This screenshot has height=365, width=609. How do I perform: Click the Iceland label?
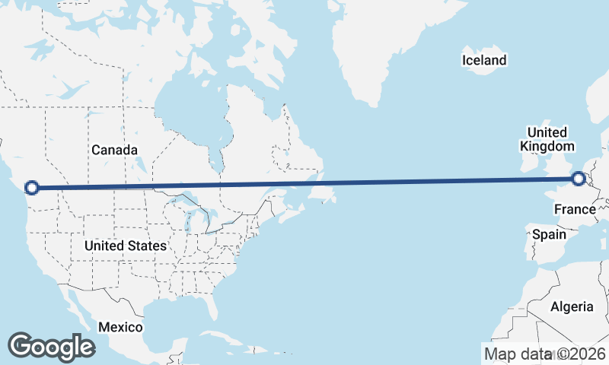pyautogui.click(x=484, y=60)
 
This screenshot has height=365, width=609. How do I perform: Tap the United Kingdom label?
pyautogui.click(x=547, y=139)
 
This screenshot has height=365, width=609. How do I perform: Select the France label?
pyautogui.click(x=575, y=209)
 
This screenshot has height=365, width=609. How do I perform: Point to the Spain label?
pyautogui.click(x=549, y=234)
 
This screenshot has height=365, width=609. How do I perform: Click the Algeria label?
pyautogui.click(x=572, y=306)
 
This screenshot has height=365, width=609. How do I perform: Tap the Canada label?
pyautogui.click(x=115, y=150)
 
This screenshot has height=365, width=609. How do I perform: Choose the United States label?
pyautogui.click(x=126, y=246)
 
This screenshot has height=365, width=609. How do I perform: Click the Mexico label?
pyautogui.click(x=120, y=327)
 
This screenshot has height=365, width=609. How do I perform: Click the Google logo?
pyautogui.click(x=51, y=347)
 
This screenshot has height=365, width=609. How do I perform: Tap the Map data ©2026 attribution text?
pyautogui.click(x=544, y=354)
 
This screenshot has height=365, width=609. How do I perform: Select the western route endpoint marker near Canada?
pyautogui.click(x=32, y=187)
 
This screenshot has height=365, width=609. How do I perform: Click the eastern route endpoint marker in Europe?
pyautogui.click(x=579, y=179)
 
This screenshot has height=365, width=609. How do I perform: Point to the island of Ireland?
pyautogui.click(x=528, y=164)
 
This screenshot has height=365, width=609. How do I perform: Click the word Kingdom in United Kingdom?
pyautogui.click(x=547, y=146)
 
